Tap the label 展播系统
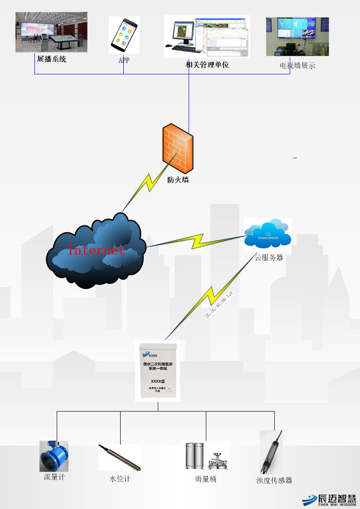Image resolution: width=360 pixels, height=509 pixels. pos(51,58)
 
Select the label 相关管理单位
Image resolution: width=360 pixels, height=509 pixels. pos(207,65)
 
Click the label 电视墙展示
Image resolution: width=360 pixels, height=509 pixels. pos(297,65)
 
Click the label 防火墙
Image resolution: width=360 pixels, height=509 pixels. pos(178,179)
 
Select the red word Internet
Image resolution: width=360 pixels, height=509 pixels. pos(96,249)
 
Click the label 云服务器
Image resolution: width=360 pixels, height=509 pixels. pos(269,257)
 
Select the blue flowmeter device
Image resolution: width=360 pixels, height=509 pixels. pos(54,456)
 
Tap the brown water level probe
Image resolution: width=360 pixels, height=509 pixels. pos(120,457)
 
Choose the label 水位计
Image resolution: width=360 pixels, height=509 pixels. pos(120,479)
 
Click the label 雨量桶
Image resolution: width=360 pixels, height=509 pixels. pos(206,479)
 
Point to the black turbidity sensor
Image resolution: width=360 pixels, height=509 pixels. pos(271,453)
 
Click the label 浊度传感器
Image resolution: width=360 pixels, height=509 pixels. pos(274,480)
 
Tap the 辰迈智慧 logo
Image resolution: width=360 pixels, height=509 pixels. pos(330,499)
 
